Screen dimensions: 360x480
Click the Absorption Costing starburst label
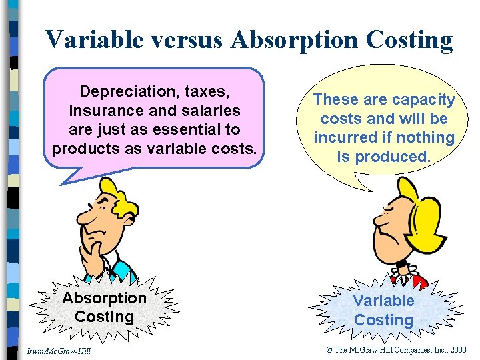(x=104, y=307)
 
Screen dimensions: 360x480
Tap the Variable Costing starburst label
(x=383, y=310)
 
